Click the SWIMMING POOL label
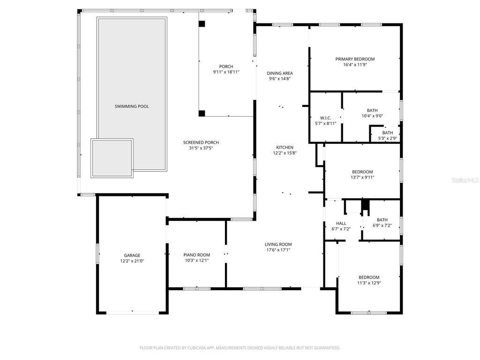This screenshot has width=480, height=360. coord(132,106)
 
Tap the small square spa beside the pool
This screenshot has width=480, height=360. coord(112,157)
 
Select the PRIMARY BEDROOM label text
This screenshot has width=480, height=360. coord(355,59)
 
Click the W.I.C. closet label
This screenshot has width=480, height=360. coord(325,118)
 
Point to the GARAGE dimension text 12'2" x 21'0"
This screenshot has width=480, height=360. coord(132,261)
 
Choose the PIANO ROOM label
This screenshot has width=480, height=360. coord(196,255)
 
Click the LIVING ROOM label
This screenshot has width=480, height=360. coord(278,244)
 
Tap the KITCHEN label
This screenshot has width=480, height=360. coord(285,147)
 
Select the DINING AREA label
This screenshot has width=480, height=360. coord(280,73)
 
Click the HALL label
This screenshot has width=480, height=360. coord(341,223)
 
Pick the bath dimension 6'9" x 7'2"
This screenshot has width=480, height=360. coord(382,225)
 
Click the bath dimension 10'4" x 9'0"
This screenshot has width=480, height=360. coord(372,116)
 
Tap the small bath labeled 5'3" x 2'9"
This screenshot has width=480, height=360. coord(387,136)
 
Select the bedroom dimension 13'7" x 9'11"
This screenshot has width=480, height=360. coord(362,177)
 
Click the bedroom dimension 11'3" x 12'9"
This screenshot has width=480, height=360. coord(369,283)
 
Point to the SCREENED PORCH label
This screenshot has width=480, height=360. coord(201,142)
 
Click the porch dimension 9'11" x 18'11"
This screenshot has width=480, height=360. coord(226,72)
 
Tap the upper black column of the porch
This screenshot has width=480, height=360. coord(202,23)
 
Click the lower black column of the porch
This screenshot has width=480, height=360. coord(202,113)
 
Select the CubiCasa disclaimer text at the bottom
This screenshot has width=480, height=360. coord(240,348)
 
